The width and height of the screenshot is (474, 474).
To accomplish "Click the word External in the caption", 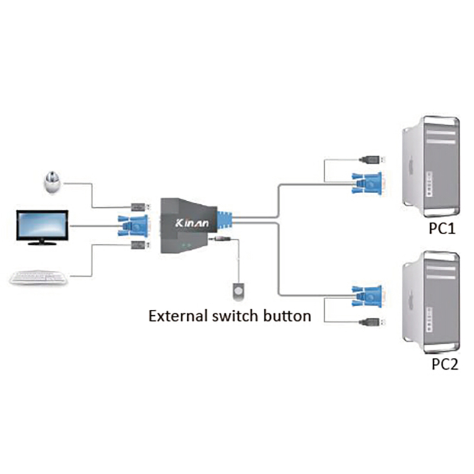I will [x=177, y=315].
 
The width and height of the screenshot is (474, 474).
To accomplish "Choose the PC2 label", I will [x=444, y=363].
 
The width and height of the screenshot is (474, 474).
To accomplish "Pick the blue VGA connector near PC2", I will [x=367, y=294].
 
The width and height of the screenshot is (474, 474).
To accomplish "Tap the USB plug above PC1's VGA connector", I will [x=371, y=159].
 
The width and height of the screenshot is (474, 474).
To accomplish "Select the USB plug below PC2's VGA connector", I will [x=371, y=322].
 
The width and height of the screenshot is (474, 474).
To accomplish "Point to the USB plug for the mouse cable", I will [x=137, y=207].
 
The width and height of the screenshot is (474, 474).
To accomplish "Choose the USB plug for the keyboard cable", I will [x=137, y=245].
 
